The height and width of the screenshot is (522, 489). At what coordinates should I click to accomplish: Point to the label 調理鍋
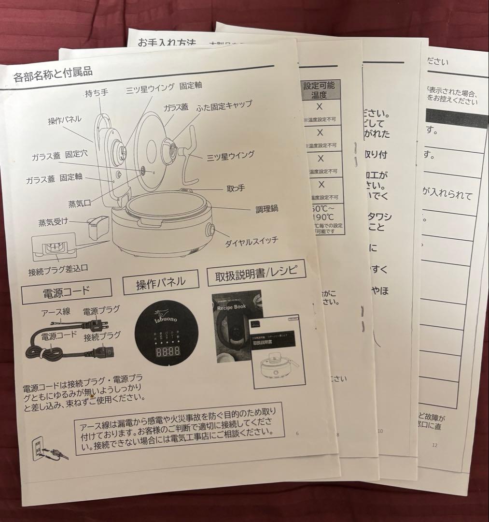point(267,209)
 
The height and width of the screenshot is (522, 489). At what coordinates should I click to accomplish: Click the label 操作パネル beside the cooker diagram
point(64,119)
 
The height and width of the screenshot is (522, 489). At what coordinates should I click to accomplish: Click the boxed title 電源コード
point(66,291)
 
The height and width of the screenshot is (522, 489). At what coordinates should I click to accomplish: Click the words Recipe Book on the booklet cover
point(232,307)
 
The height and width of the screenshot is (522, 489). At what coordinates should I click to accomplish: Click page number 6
point(297,433)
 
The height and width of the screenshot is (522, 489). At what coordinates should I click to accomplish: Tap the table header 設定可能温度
point(321,90)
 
